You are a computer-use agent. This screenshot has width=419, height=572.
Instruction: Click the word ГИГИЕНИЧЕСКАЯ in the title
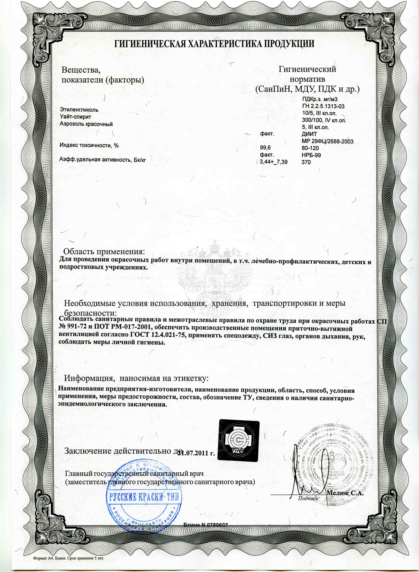149,44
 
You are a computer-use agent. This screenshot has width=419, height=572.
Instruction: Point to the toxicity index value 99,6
266,148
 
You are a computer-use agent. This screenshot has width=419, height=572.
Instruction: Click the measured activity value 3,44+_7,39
274,162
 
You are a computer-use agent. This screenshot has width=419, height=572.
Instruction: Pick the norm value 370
306,162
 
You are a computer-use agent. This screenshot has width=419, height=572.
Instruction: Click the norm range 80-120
310,148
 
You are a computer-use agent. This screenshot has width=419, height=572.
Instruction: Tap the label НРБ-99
311,155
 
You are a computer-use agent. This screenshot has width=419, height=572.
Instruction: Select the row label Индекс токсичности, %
89,145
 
